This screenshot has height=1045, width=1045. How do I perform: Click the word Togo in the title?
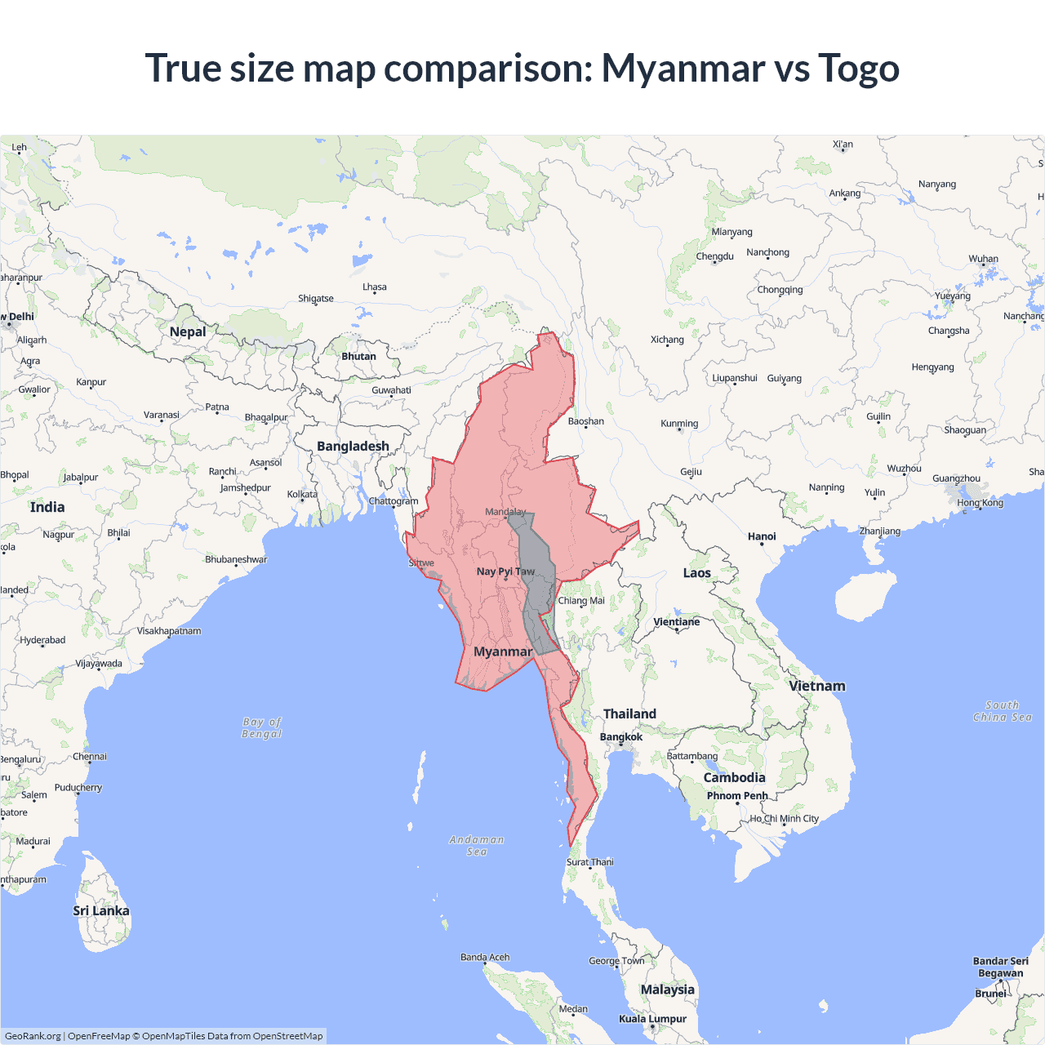pos(858,68)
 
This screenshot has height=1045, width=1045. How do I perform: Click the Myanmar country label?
pos(503,651)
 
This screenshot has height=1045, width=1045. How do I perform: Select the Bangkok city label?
pos(621,737)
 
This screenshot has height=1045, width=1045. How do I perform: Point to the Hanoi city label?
pos(762,536)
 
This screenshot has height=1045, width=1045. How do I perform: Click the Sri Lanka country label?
pos(101,911)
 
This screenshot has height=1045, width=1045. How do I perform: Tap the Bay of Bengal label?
pos(262,727)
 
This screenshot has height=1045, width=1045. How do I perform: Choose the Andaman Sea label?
pos(477,846)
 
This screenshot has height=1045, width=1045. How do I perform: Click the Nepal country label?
pos(188,331)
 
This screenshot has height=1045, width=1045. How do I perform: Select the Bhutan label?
pos(359,357)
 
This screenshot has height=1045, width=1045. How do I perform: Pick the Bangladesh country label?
pos(353,447)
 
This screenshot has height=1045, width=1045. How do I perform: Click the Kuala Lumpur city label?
pos(652,1019)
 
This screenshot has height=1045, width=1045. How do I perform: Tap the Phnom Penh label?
pos(737,796)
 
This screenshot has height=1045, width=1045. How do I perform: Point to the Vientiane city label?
pos(677,622)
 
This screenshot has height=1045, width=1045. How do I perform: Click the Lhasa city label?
pos(375,287)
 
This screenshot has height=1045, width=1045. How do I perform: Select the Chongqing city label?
pos(780,290)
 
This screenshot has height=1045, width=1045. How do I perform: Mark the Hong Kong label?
pos(980,503)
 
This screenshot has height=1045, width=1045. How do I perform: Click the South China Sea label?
pos(1003,711)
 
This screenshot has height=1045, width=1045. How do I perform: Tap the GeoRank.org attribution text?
pos(33,1036)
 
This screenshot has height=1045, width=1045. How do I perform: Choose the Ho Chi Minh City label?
pos(784,819)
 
